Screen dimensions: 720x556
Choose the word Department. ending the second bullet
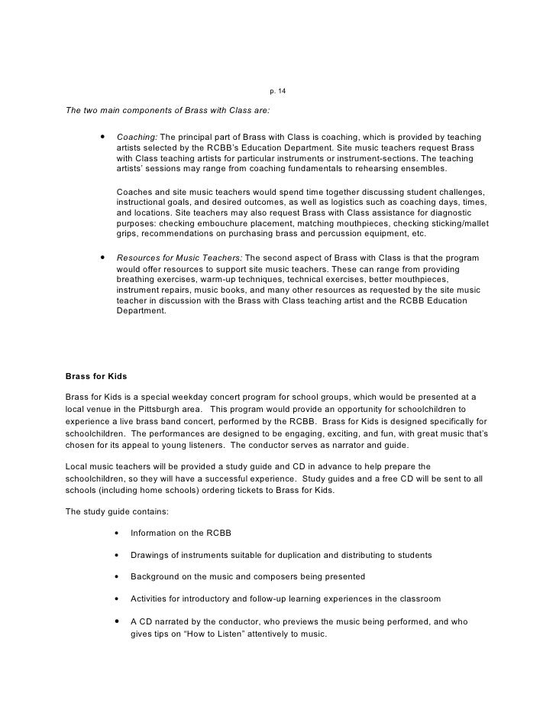point(141,312)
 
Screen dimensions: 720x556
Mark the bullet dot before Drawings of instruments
point(116,555)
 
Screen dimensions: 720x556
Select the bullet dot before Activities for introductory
point(116,598)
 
